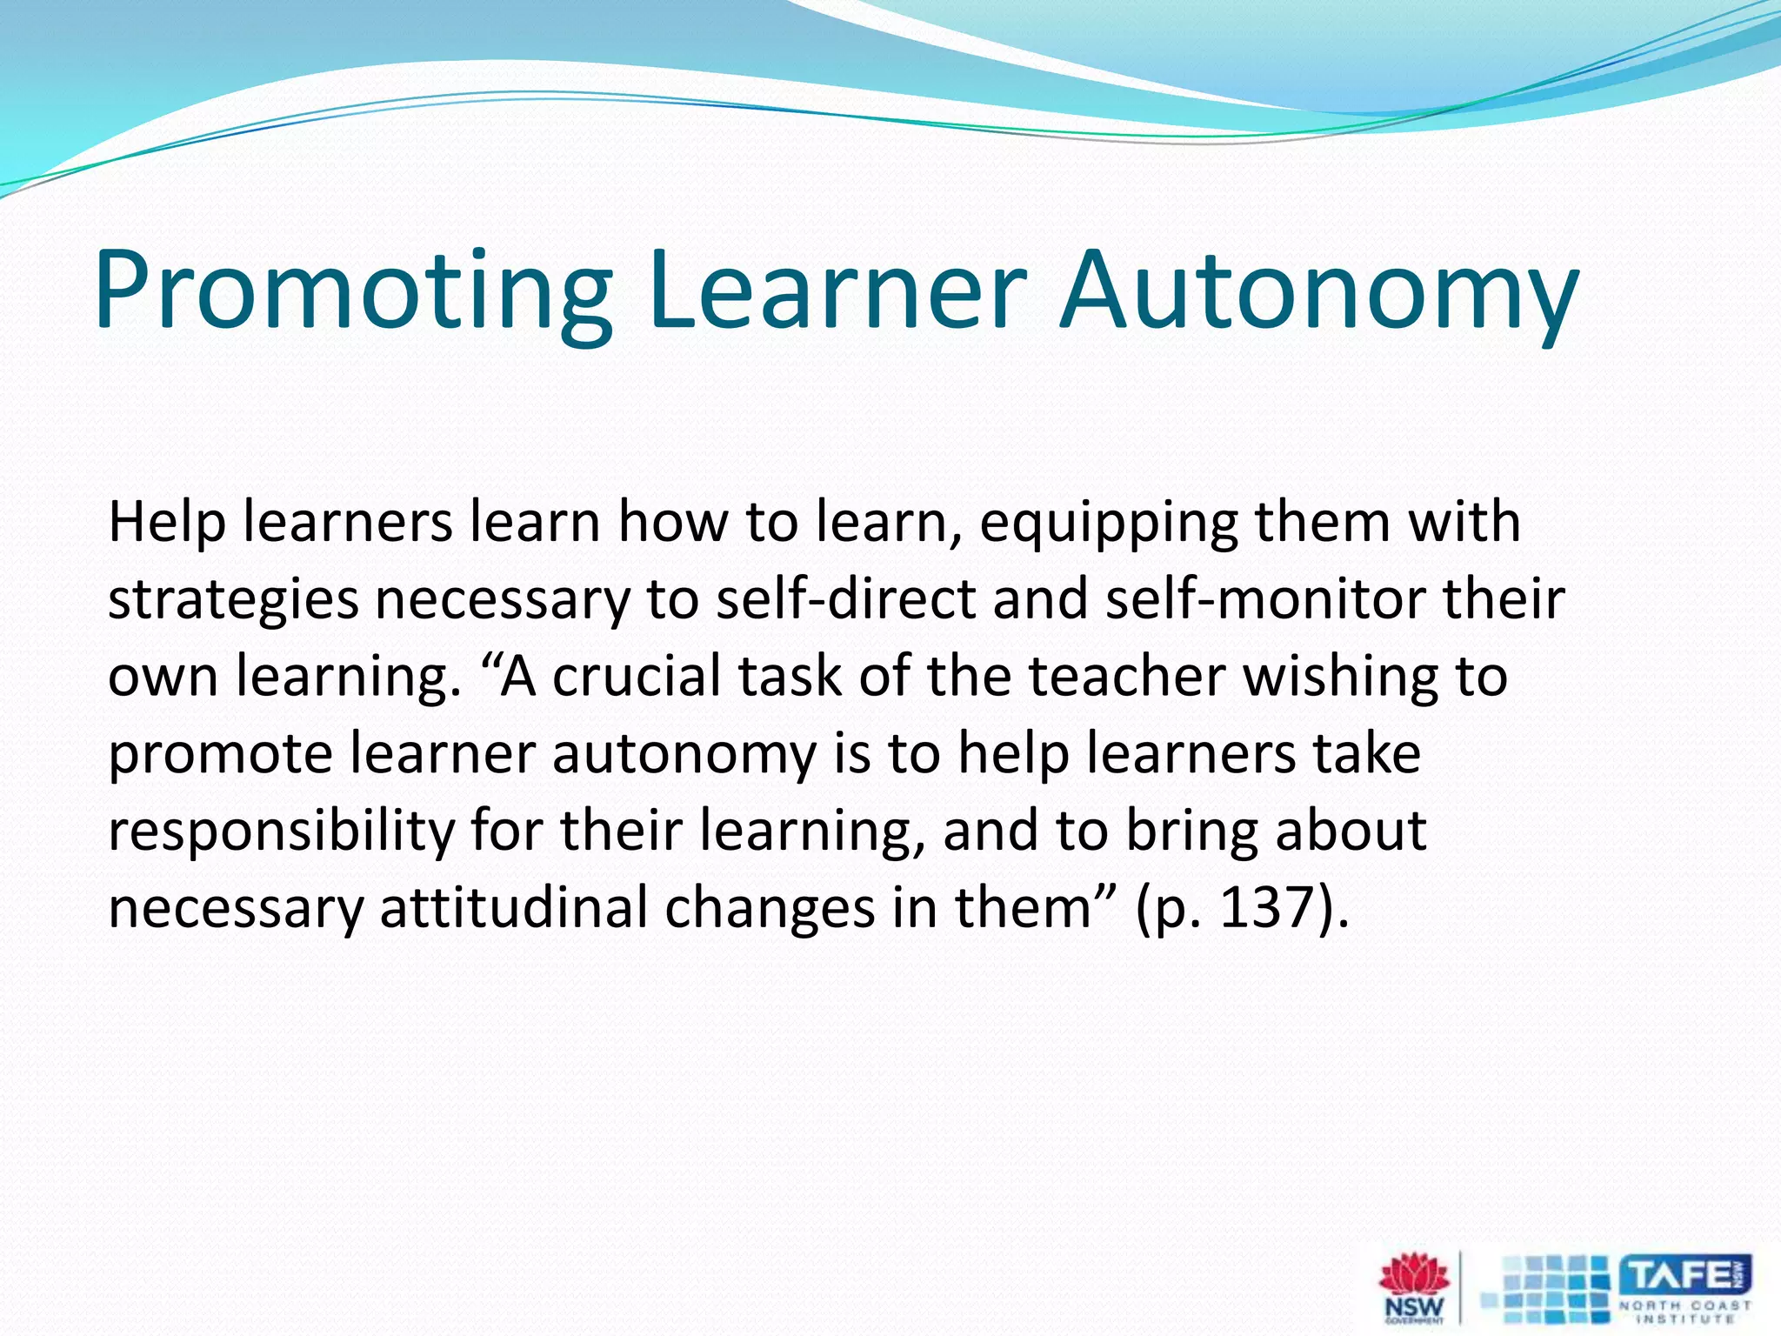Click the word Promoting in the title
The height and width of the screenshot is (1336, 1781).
tap(353, 291)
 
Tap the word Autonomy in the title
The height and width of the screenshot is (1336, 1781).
tap(1318, 291)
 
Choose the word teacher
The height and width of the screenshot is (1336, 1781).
tap(1127, 677)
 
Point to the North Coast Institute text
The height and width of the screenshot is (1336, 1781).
tap(1684, 1312)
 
